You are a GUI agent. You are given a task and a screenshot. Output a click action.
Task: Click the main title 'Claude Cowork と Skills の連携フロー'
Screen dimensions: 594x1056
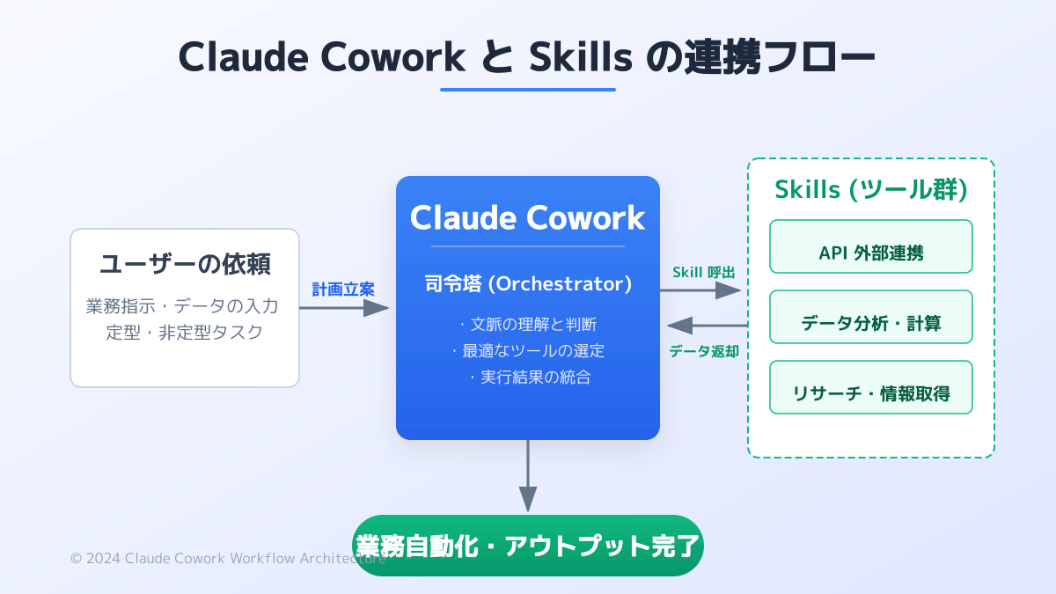(527, 57)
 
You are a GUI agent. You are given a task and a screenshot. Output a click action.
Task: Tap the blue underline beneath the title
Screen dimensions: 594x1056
(527, 89)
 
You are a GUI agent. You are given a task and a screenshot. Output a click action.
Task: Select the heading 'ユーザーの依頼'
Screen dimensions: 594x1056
(185, 263)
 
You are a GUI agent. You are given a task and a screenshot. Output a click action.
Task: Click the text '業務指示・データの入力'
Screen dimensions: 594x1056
(185, 306)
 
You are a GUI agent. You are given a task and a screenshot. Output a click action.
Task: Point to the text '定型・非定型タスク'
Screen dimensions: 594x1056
(185, 334)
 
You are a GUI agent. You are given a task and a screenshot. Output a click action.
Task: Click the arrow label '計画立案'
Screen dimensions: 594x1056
(343, 289)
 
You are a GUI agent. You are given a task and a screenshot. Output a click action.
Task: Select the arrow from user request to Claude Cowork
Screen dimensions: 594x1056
(343, 308)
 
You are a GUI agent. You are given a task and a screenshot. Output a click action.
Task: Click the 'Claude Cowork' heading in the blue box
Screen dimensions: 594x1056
(527, 217)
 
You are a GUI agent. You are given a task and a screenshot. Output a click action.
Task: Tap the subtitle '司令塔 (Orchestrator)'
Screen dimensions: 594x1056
(527, 283)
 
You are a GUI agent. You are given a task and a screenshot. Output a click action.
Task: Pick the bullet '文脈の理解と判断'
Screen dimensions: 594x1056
(527, 324)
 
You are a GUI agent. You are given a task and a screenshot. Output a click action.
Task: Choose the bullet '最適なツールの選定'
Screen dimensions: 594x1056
(527, 350)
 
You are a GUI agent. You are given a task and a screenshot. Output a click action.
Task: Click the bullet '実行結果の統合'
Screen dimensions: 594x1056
(527, 378)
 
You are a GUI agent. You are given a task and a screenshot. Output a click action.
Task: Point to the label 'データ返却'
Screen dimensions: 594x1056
(704, 351)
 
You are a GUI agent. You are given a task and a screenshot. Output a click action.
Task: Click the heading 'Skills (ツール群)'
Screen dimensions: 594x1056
(870, 189)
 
